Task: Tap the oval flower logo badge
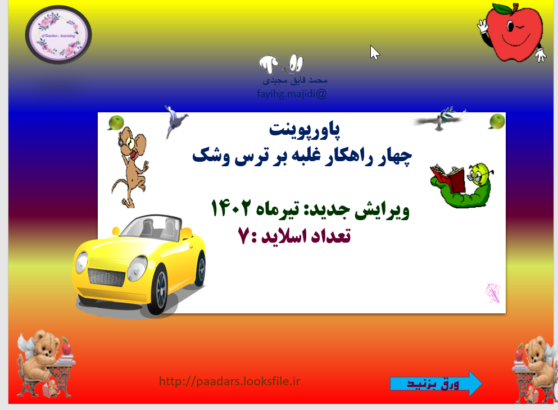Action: [x=58, y=34]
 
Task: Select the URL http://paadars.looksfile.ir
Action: [x=230, y=381]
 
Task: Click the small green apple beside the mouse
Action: [x=116, y=122]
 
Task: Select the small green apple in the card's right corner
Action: [x=496, y=121]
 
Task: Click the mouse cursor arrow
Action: [x=374, y=52]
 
